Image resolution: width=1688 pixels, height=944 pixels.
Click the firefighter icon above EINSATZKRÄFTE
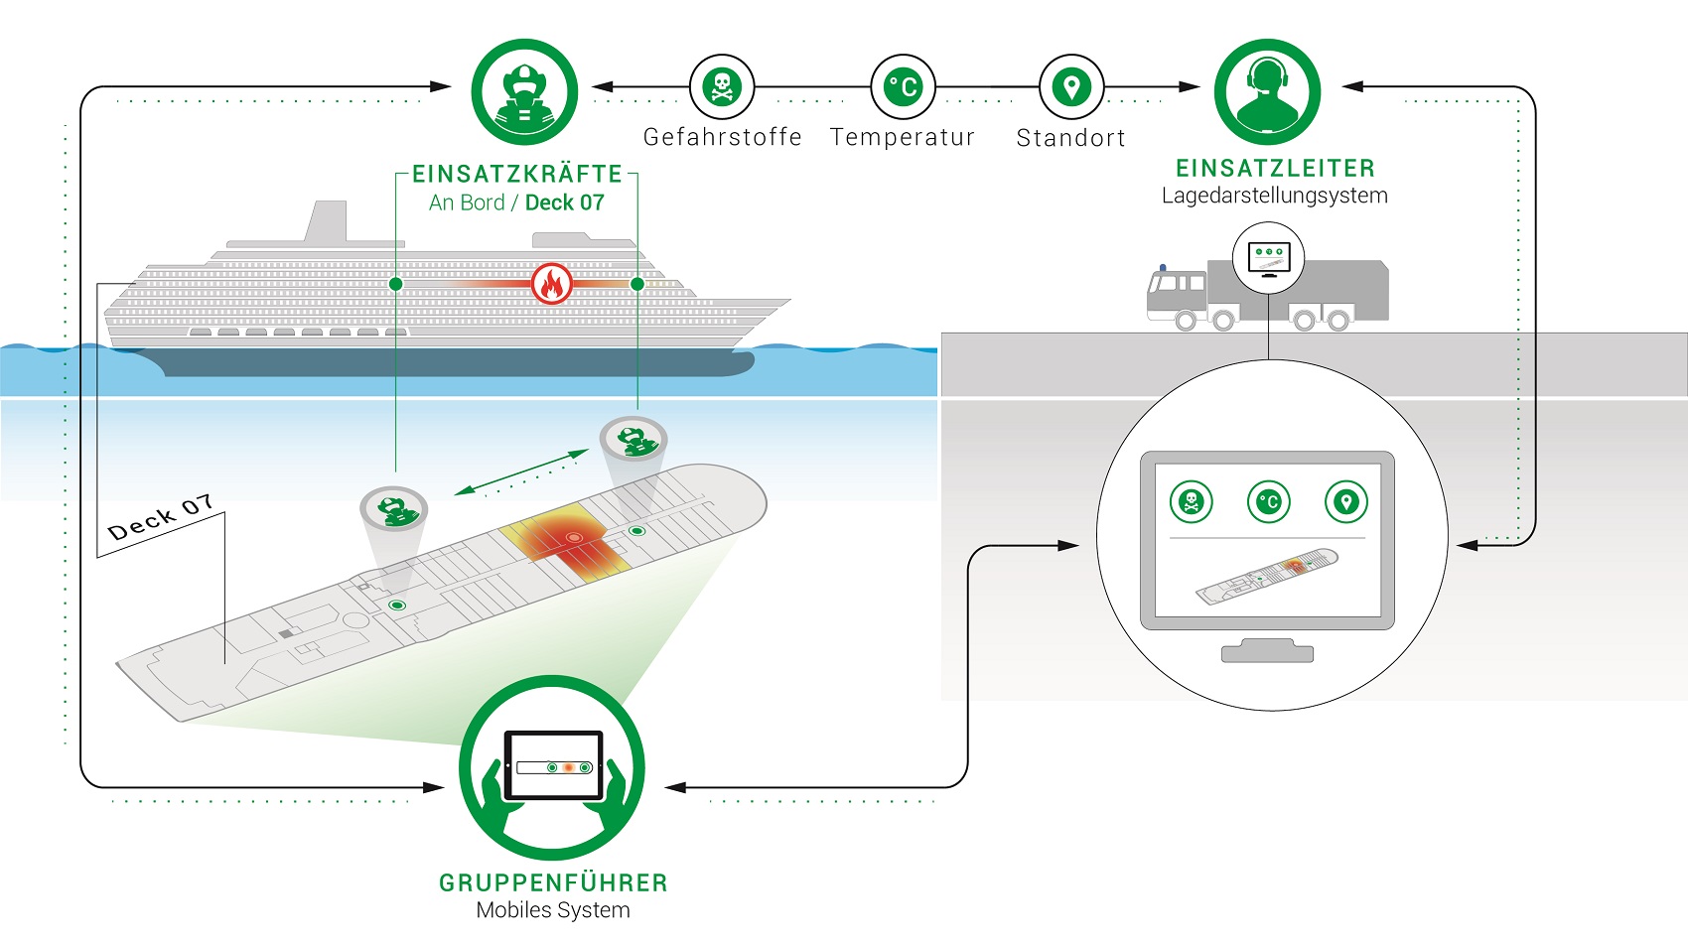tap(524, 92)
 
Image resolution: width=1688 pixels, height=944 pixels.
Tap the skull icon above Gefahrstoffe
tap(722, 86)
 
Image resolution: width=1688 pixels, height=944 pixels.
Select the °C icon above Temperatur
tap(903, 86)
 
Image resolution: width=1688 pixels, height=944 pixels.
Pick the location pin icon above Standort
tap(1071, 86)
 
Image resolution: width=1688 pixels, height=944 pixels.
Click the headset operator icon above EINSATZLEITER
tap(1268, 92)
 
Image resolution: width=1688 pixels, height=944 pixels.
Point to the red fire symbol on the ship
tap(552, 284)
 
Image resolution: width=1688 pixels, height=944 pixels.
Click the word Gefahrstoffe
tap(722, 137)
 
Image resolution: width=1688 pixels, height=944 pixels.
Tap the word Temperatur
tap(903, 137)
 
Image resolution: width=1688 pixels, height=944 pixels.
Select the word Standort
tap(1070, 138)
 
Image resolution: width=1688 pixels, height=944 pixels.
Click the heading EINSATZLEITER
tap(1275, 168)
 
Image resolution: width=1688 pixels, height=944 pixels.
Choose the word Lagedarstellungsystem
tap(1274, 196)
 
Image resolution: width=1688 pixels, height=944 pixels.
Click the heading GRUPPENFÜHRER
tap(553, 882)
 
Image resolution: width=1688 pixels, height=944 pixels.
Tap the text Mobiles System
tap(553, 910)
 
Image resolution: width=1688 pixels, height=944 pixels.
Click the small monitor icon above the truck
tap(1269, 258)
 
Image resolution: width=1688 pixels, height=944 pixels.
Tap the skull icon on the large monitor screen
tap(1192, 501)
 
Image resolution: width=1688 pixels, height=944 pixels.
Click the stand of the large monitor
tap(1268, 650)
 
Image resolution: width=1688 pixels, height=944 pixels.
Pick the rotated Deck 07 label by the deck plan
tap(161, 517)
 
